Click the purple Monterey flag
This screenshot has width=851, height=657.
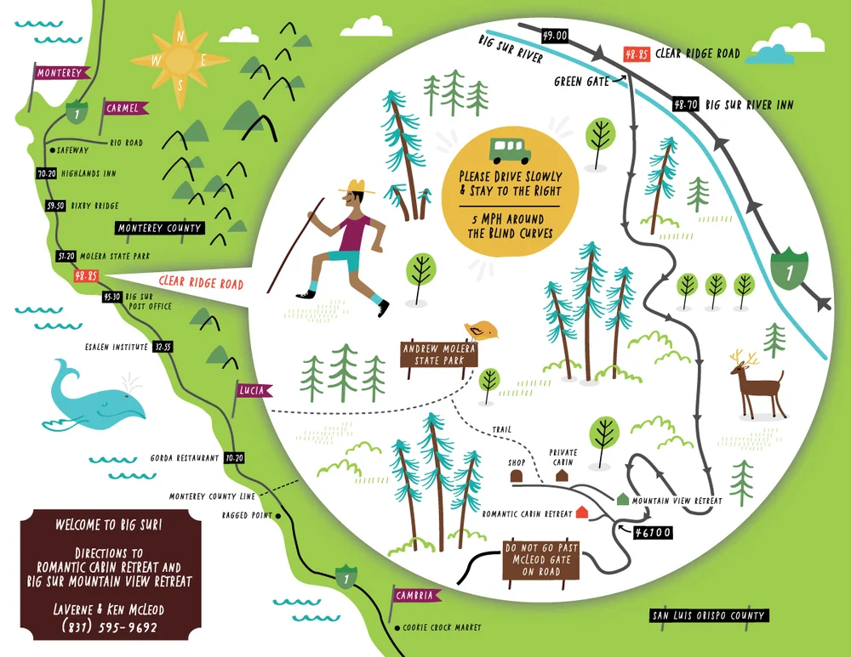tap(59, 73)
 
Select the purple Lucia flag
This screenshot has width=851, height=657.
tap(253, 390)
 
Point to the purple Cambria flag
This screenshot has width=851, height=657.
tap(414, 596)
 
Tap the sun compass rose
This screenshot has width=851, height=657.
tap(180, 59)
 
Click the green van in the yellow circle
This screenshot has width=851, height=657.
tap(510, 150)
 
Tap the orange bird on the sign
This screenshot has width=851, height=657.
tap(478, 329)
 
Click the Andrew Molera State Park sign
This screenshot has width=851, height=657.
tap(439, 354)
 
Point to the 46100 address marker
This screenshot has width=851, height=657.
tap(653, 533)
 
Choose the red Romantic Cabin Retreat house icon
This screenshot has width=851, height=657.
tap(582, 513)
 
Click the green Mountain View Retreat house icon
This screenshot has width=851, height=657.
tap(623, 501)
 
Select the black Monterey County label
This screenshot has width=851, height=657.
tap(160, 228)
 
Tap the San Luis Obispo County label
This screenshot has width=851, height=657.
tap(708, 615)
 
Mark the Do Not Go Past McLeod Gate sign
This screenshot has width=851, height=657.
tap(540, 560)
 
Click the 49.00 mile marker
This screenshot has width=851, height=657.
tap(554, 35)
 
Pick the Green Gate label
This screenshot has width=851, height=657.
tap(581, 82)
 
